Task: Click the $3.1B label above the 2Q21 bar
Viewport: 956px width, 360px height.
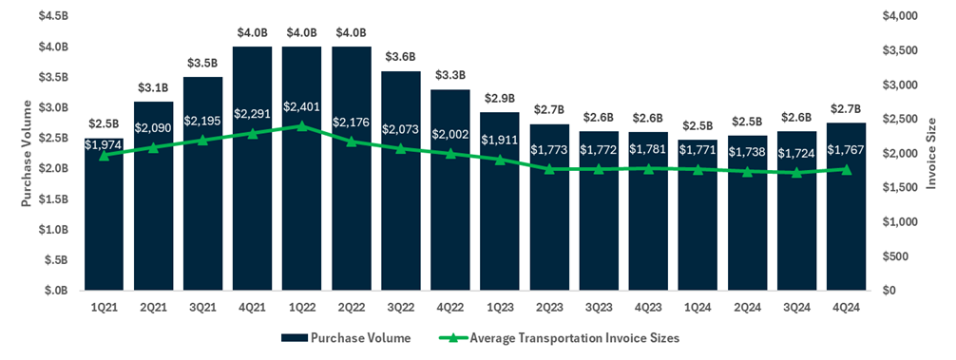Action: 153,88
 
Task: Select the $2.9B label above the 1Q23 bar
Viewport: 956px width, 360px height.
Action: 499,99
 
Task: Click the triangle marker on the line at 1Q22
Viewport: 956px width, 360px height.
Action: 301,125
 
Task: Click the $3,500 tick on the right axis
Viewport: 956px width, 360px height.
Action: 899,50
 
